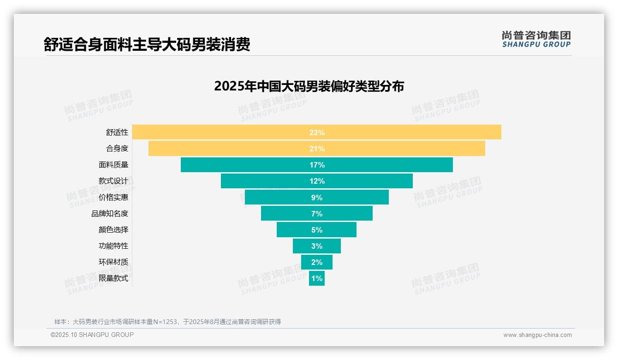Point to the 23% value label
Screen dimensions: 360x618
pos(317,132)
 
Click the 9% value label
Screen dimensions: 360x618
pos(317,198)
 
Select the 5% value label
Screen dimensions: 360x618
pos(317,230)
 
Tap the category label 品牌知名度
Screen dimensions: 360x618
pos(110,214)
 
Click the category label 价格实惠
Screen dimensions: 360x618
pos(113,198)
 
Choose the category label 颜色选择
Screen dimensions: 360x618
pos(113,230)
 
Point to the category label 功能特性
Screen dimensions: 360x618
pos(113,246)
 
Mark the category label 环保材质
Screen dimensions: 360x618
pos(113,262)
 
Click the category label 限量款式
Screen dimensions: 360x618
pos(113,278)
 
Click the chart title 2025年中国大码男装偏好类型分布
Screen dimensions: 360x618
pos(309,86)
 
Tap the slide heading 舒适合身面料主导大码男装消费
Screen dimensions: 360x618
pos(147,45)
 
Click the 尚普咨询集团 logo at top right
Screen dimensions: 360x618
pos(536,39)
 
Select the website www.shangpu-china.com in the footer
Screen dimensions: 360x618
pos(537,335)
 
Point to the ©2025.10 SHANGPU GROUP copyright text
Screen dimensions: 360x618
pos(92,335)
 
